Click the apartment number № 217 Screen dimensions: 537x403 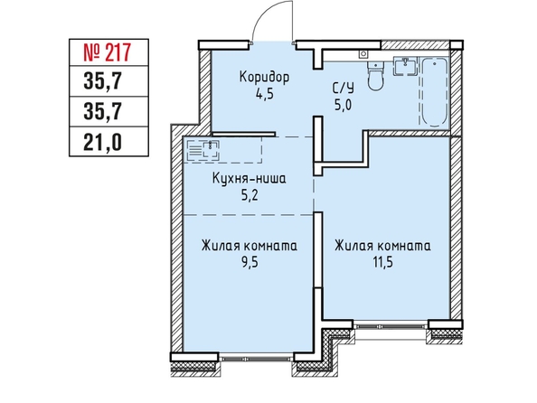(108, 52)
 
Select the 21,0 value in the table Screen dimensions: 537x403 (102, 142)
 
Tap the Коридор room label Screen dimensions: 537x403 (264, 77)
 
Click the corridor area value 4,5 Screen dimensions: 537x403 (264, 93)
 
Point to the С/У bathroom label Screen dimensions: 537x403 (344, 89)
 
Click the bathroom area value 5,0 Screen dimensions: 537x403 (344, 105)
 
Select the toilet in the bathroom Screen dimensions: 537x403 (376, 75)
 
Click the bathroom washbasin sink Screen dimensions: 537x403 (406, 66)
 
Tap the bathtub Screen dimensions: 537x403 (434, 92)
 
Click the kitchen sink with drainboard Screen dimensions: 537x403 (203, 150)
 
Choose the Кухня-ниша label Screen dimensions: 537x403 (249, 179)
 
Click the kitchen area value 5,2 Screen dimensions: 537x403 (250, 195)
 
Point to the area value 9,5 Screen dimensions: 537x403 (250, 263)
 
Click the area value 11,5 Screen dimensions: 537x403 (383, 263)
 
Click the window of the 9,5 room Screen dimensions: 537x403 (256, 358)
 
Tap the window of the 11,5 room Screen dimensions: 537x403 (391, 325)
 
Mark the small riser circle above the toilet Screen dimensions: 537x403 (363, 53)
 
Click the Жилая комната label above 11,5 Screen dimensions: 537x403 (383, 246)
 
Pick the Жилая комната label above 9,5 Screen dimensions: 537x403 (250, 246)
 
